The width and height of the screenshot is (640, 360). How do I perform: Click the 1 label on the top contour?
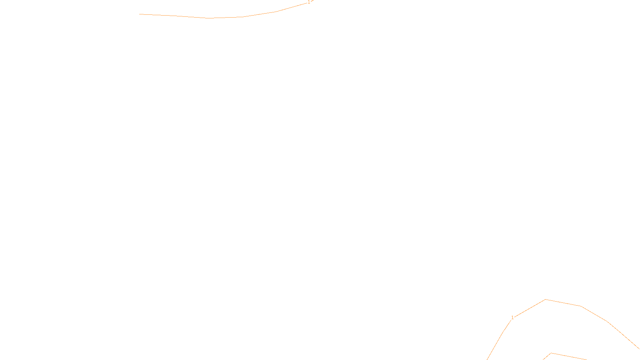pyautogui.click(x=309, y=2)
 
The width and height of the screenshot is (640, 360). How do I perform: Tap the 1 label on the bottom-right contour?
pyautogui.click(x=512, y=318)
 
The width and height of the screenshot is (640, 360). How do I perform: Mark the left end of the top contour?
pyautogui.click(x=140, y=14)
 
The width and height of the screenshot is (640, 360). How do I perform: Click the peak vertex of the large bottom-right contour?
pyautogui.click(x=546, y=299)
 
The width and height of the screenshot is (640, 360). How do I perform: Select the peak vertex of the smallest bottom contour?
pyautogui.click(x=551, y=353)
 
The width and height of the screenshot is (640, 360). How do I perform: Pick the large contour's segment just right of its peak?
pyautogui.click(x=563, y=303)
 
